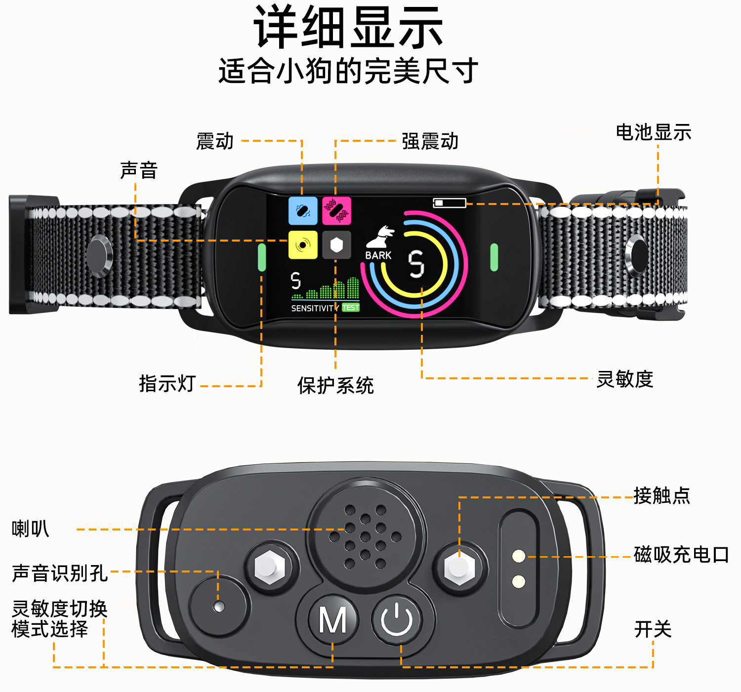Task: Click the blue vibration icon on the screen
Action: pyautogui.click(x=303, y=210)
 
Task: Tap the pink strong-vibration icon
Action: pyautogui.click(x=336, y=210)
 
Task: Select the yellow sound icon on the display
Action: pyautogui.click(x=303, y=245)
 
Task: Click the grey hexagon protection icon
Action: pyautogui.click(x=336, y=245)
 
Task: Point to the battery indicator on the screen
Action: pyautogui.click(x=449, y=203)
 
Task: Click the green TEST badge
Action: pyautogui.click(x=350, y=308)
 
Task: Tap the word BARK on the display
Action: pyautogui.click(x=378, y=256)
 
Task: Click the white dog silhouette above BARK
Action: pyautogui.click(x=380, y=237)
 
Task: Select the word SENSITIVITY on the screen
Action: pyautogui.click(x=315, y=308)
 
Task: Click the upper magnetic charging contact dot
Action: pyautogui.click(x=519, y=556)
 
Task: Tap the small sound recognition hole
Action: pyautogui.click(x=219, y=606)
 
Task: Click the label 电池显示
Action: pyautogui.click(x=654, y=132)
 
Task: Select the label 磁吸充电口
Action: pyautogui.click(x=681, y=554)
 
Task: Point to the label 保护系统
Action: pyautogui.click(x=335, y=385)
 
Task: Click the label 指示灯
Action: pyautogui.click(x=167, y=383)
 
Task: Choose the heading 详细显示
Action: pyautogui.click(x=348, y=27)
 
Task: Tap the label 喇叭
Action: pyautogui.click(x=31, y=529)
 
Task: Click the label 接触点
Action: pyautogui.click(x=662, y=496)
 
